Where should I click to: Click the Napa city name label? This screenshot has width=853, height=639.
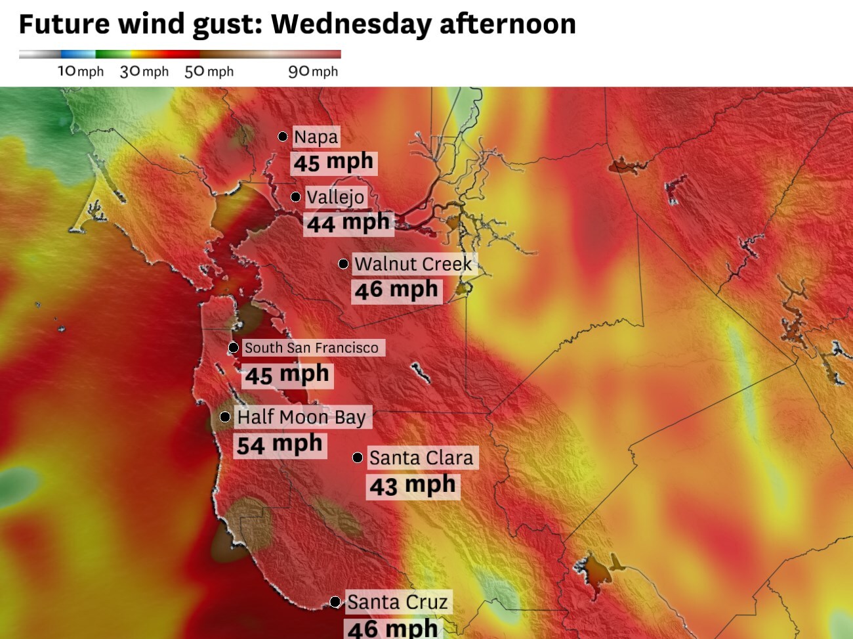(316, 137)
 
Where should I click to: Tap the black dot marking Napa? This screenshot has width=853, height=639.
(283, 137)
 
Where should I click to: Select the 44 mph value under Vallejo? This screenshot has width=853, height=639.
(348, 223)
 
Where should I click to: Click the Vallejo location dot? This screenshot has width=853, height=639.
(296, 197)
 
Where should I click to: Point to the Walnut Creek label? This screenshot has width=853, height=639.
(413, 264)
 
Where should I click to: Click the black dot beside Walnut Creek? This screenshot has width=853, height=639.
(343, 264)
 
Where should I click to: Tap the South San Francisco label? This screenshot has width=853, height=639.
(312, 347)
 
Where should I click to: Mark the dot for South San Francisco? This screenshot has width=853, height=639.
(234, 347)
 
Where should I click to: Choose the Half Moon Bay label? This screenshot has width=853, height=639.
(301, 417)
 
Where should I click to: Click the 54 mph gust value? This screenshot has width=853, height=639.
(280, 445)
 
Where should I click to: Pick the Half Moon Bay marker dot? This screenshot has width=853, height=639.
(225, 417)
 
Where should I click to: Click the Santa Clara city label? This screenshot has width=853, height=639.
(421, 458)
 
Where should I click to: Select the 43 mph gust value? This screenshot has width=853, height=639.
(412, 486)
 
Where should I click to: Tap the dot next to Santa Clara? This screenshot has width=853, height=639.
(358, 458)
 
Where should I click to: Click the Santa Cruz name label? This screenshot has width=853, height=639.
(397, 602)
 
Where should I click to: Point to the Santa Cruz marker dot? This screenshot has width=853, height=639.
(335, 602)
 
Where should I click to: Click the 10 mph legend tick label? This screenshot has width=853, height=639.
(81, 72)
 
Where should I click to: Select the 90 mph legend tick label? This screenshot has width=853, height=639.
(313, 72)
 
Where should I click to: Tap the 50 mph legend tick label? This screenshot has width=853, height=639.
(209, 72)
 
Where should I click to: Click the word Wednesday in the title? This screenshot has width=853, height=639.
(351, 24)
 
